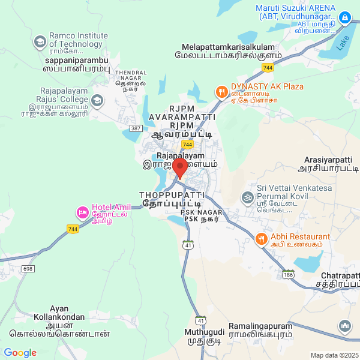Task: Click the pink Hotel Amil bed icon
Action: tap(82, 212)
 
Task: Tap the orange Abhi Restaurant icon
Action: tap(261, 239)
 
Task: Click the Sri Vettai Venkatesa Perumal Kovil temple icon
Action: tap(246, 196)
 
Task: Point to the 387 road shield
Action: tap(136, 129)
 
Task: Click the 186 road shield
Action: tap(289, 274)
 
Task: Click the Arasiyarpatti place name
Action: tap(328, 164)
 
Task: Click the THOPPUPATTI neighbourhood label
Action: tap(172, 200)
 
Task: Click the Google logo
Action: tap(20, 352)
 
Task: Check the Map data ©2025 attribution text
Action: tap(334, 355)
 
